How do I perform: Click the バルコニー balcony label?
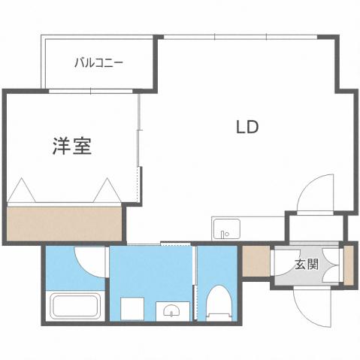tap(98, 62)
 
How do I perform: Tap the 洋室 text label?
tap(72, 146)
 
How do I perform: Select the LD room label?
tap(247, 127)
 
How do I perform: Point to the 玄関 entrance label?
tap(306, 264)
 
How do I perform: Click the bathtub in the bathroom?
tap(74, 307)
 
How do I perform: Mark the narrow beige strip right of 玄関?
tap(348, 264)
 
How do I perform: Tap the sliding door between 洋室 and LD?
tap(139, 150)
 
